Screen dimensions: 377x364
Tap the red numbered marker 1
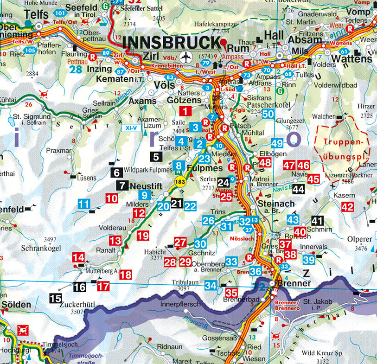coord(185,111)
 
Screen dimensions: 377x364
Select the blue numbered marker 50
coord(268,114)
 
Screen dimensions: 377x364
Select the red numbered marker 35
coord(231,293)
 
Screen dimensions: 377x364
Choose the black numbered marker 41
coord(317,221)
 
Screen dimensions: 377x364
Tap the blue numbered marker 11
coord(84,203)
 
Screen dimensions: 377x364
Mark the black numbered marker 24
coord(224,183)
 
